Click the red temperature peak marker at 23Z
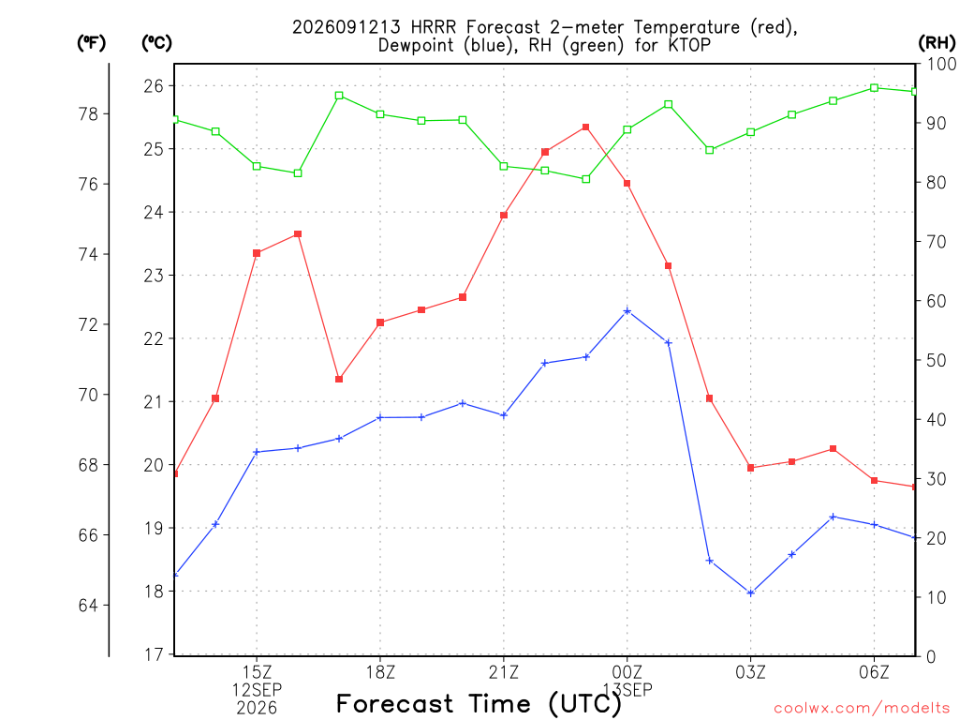coord(586,127)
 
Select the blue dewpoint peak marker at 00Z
coord(627,311)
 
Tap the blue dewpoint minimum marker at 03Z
coord(751,592)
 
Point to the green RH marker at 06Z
coord(874,88)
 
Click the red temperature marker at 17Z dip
coord(339,379)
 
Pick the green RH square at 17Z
coord(339,96)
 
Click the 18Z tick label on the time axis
coord(380,672)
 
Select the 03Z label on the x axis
coord(750,672)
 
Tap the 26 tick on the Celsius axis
coord(155,85)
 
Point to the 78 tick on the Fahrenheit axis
coord(89,113)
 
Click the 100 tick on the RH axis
coord(942,64)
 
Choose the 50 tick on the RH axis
coord(937,360)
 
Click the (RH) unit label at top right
coord(937,42)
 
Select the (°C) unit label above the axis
coord(156,42)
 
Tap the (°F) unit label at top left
coord(91,42)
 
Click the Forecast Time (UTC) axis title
coord(479,704)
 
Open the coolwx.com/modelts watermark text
coord(862,709)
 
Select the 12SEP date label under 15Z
coord(257,690)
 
